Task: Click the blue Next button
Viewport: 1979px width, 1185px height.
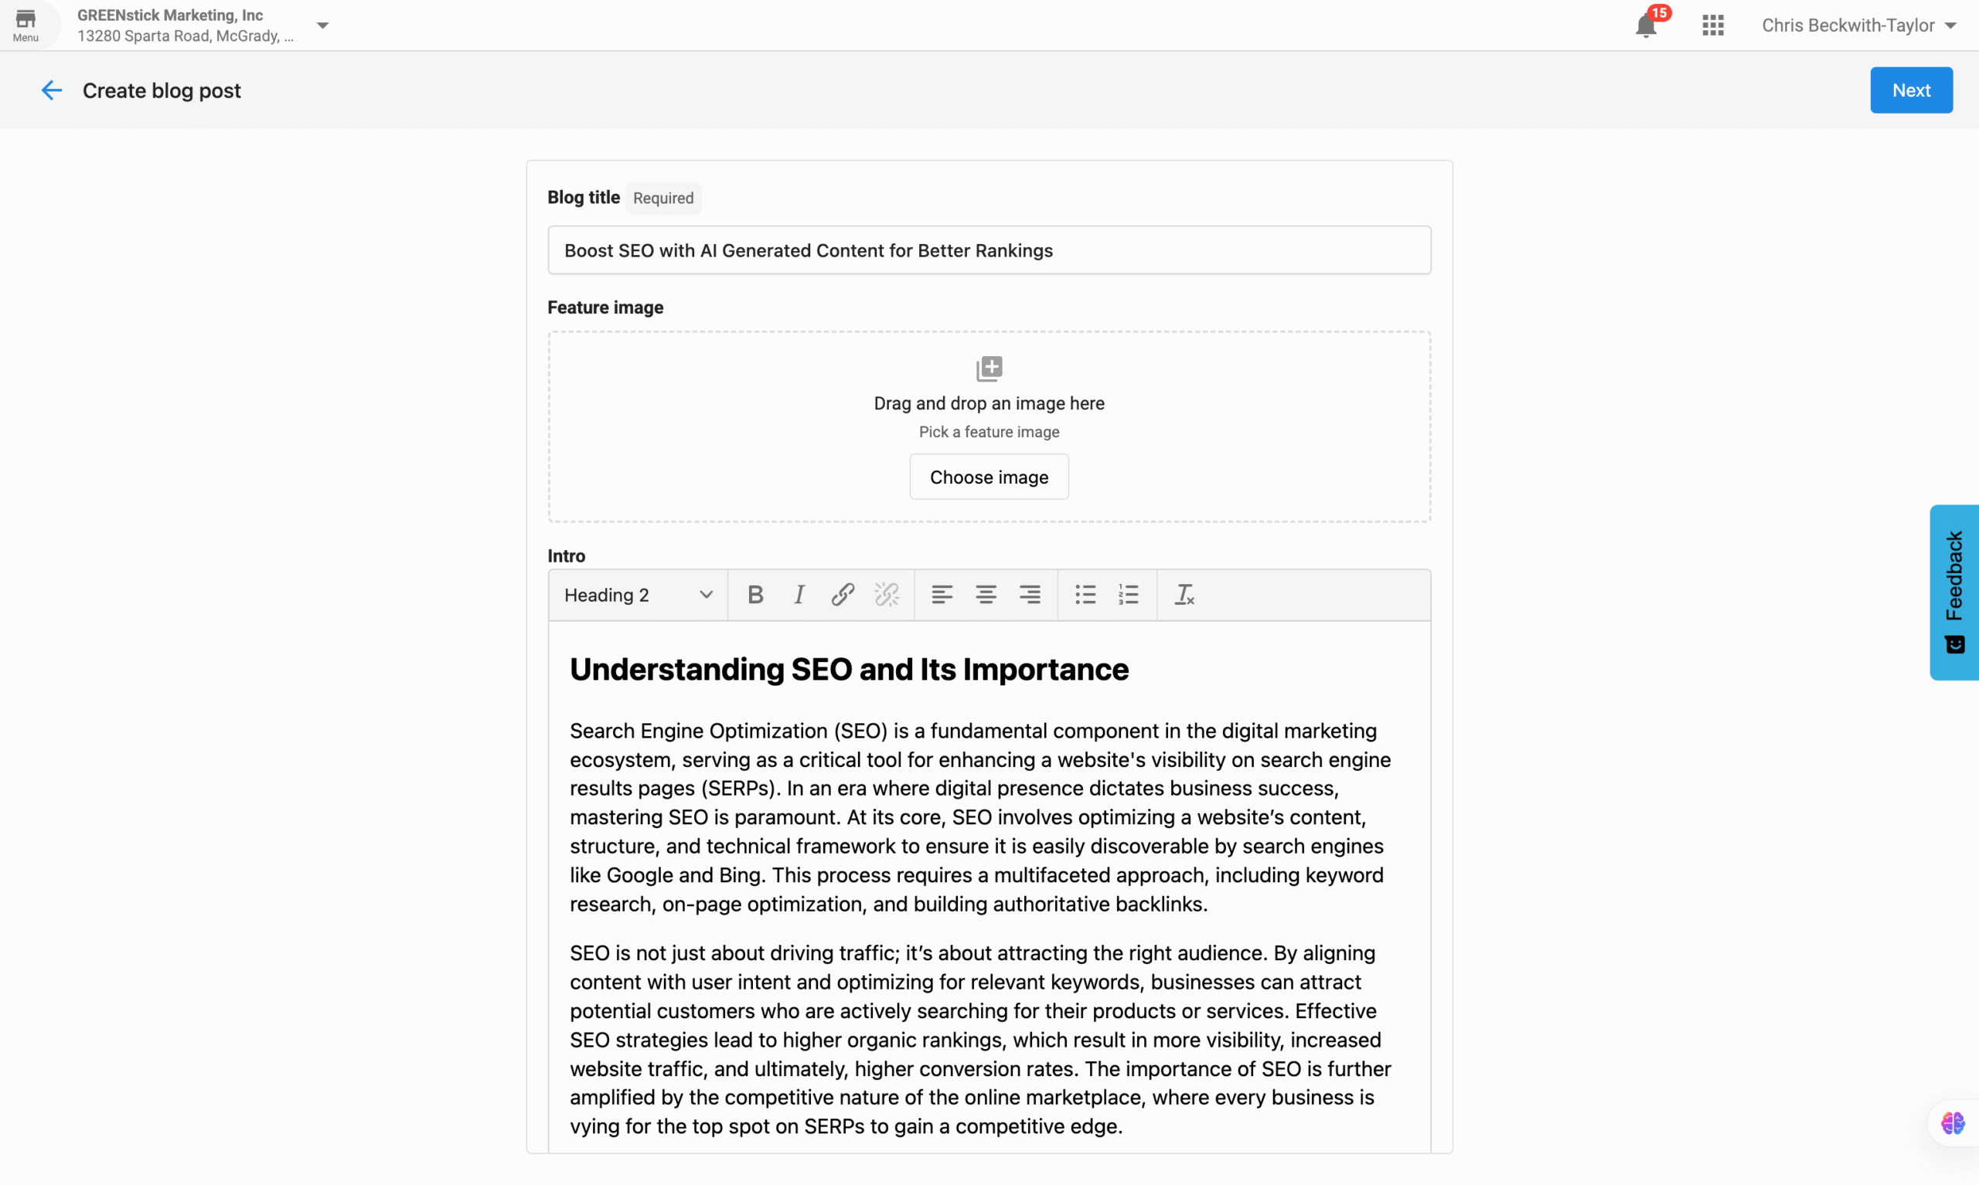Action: [x=1910, y=90]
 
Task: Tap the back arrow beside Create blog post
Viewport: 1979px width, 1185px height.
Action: [x=51, y=90]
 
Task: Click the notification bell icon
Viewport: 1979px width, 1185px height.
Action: [x=1645, y=25]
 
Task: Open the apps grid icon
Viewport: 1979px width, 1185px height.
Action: [x=1712, y=25]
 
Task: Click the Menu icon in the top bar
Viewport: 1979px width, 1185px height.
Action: [x=26, y=24]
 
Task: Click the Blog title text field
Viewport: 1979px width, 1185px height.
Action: [x=988, y=251]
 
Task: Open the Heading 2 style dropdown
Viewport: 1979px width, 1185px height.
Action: [x=638, y=595]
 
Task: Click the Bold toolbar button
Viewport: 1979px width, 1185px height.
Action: [x=755, y=595]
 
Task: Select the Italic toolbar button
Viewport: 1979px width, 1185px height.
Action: [x=798, y=595]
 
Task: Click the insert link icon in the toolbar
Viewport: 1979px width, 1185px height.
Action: [x=842, y=595]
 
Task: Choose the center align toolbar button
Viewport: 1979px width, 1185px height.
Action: [x=985, y=595]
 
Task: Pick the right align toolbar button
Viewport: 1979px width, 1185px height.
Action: [x=1029, y=595]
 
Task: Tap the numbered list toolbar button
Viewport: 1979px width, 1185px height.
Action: [x=1128, y=595]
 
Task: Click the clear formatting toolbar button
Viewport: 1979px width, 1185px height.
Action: [x=1184, y=595]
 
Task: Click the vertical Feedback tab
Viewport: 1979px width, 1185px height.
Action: [x=1953, y=592]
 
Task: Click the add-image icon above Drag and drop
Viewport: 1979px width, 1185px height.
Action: [x=988, y=369]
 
